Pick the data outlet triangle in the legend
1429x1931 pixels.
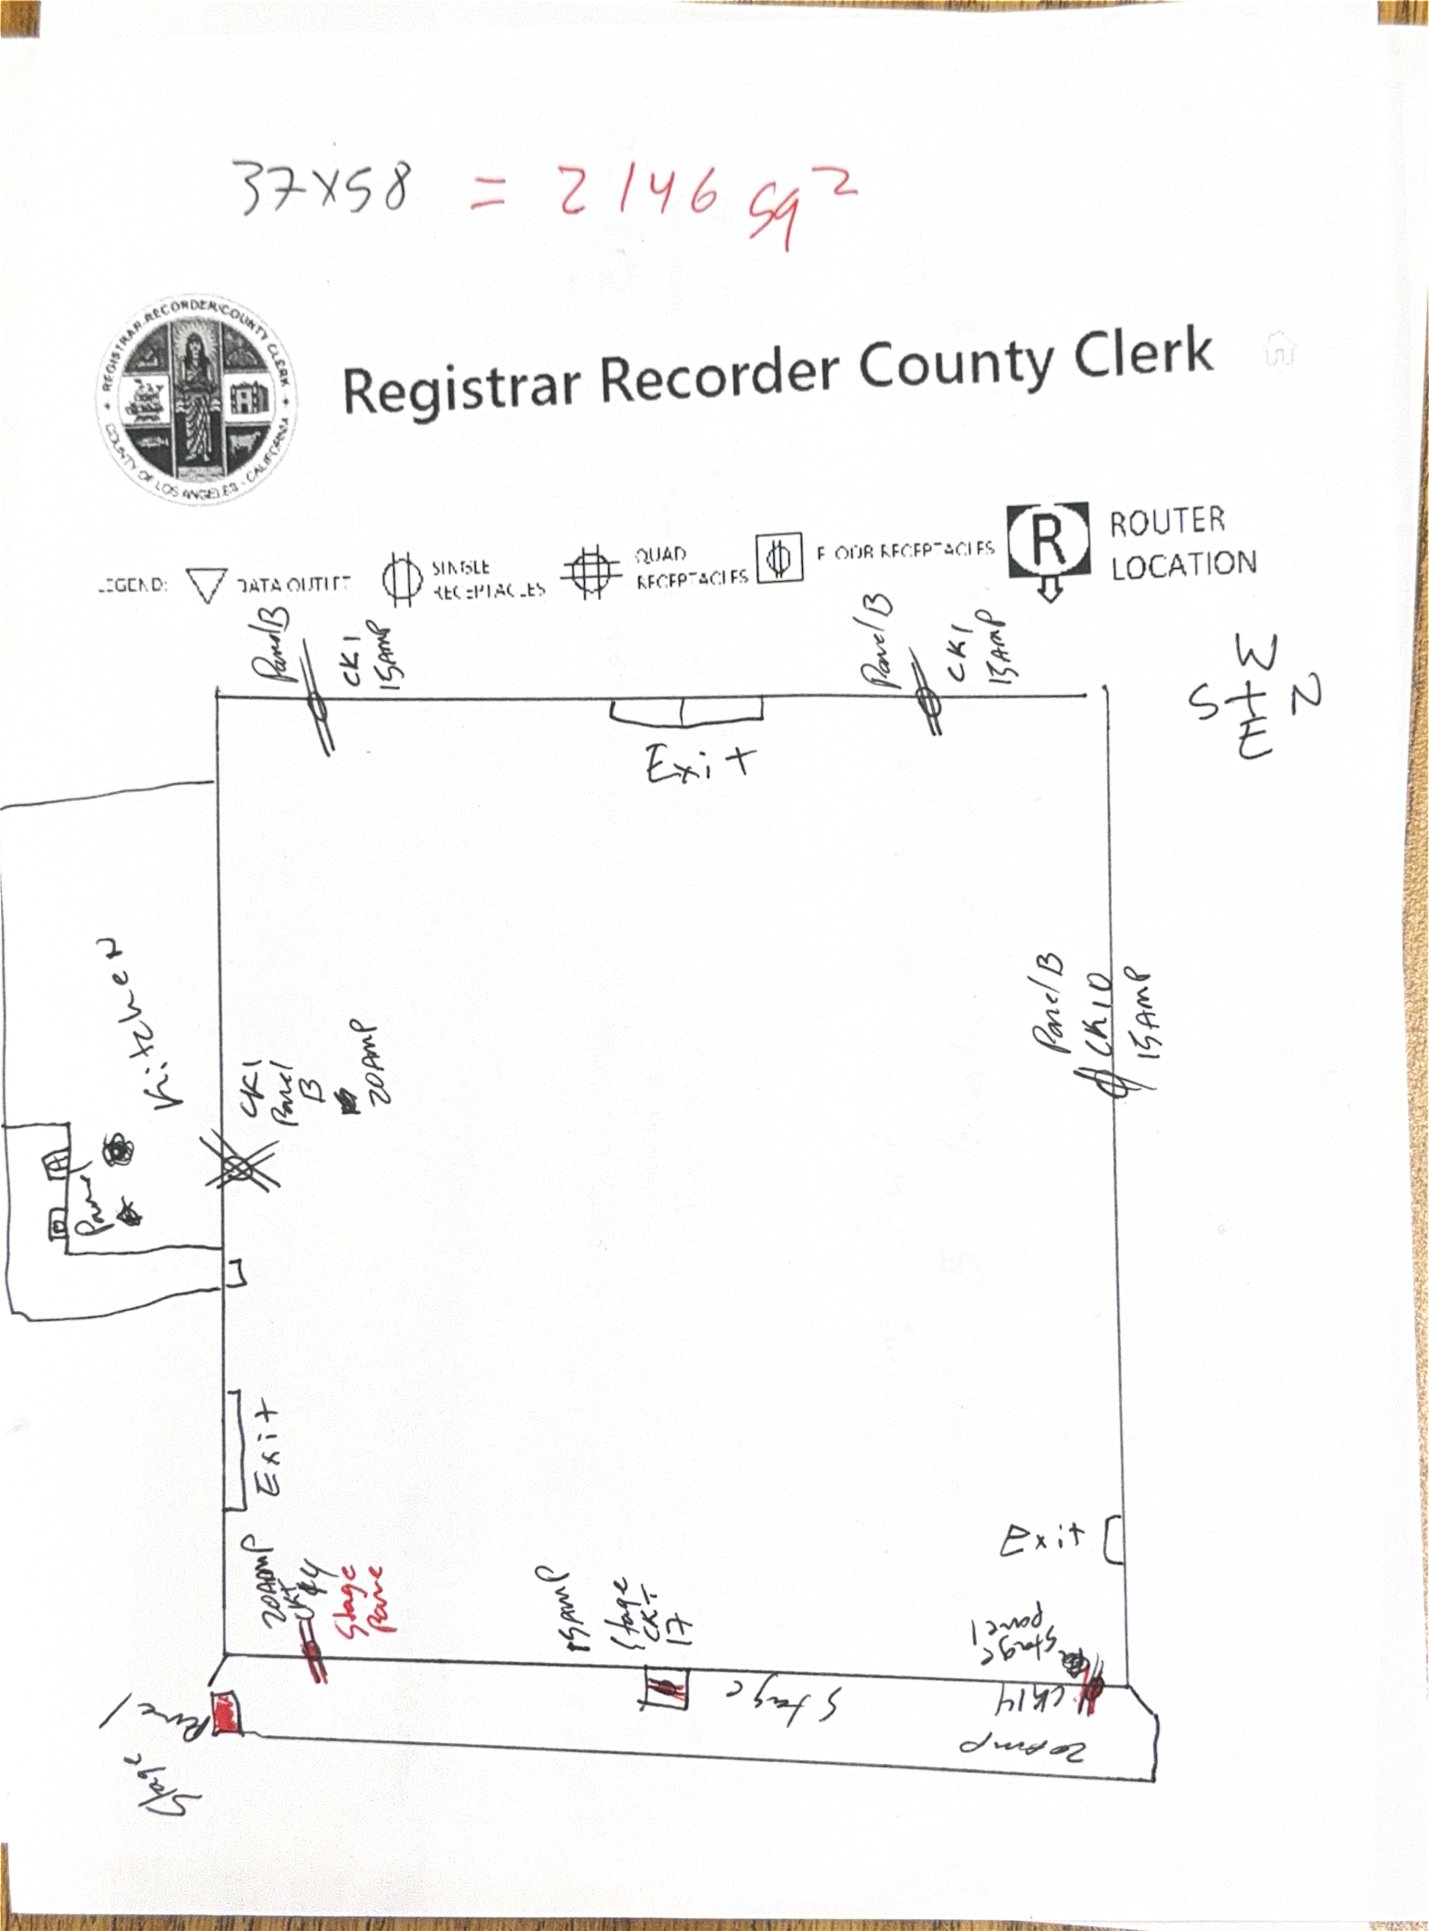coord(207,585)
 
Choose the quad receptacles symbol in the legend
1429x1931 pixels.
coord(592,572)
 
